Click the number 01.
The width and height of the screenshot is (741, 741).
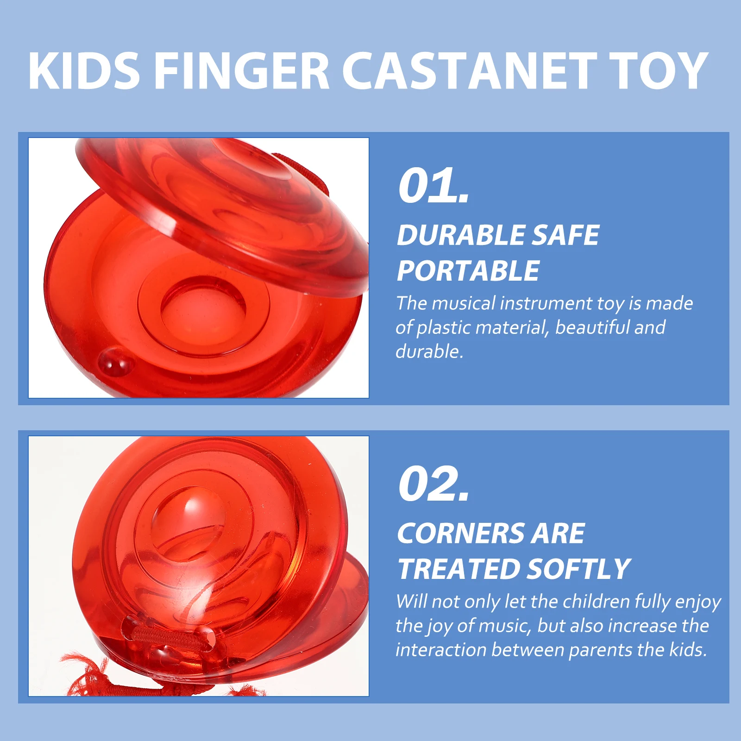433,186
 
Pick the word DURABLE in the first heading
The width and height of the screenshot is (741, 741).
460,235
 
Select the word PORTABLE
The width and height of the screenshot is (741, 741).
468,271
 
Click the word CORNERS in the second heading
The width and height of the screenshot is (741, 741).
460,534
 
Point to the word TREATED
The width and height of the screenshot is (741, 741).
458,569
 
